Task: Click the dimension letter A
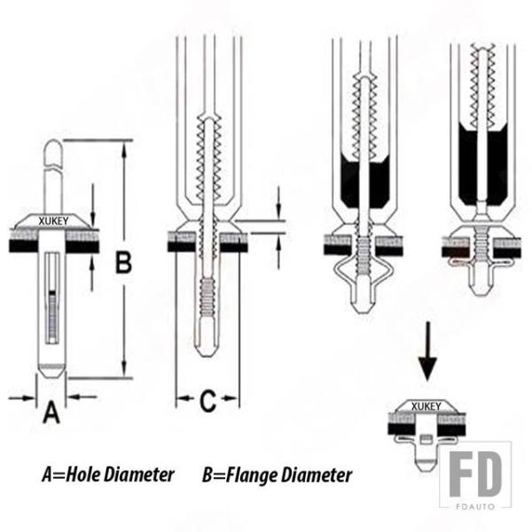[52, 413]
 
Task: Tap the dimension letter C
[207, 402]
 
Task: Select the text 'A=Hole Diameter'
[107, 474]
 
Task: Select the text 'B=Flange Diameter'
[277, 474]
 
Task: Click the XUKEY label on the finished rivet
[426, 406]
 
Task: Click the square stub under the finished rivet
[426, 441]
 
